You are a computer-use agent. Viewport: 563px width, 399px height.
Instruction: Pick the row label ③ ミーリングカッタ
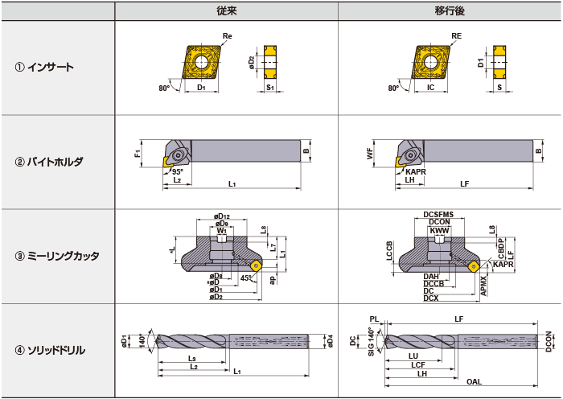coord(57,256)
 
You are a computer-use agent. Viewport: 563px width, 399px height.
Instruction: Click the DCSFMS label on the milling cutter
coord(438,214)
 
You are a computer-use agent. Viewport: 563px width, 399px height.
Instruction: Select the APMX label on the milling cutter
coord(483,285)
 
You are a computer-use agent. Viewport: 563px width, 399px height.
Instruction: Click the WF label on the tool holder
coord(370,154)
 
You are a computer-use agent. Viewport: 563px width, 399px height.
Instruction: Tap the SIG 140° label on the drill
coord(372,342)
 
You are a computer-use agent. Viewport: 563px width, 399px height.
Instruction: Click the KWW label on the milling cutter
coord(438,231)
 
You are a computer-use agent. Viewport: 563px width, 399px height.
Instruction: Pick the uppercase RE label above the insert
coord(456,36)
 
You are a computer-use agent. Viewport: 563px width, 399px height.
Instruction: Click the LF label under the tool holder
coord(464,184)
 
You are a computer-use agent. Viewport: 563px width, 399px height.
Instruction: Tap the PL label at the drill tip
coord(373,319)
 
